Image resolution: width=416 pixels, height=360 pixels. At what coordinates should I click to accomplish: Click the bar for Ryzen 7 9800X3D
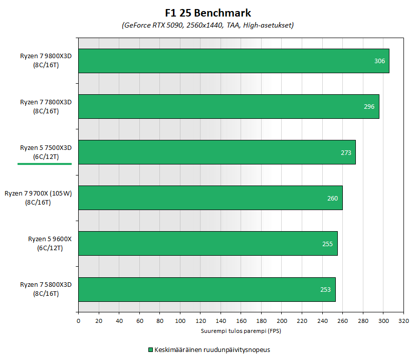click(234, 61)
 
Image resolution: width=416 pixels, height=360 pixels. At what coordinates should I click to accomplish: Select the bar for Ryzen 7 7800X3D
click(229, 106)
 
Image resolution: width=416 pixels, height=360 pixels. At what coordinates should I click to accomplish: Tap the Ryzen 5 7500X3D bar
click(217, 152)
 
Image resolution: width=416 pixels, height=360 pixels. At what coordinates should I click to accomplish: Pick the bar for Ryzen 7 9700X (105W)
click(211, 198)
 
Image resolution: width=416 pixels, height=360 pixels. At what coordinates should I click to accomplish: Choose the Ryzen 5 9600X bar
click(208, 243)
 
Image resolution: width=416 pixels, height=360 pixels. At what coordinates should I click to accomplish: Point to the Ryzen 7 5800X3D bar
click(206, 289)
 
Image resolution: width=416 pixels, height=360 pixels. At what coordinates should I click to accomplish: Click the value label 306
click(380, 61)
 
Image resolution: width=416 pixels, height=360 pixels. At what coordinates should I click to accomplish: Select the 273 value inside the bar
click(346, 152)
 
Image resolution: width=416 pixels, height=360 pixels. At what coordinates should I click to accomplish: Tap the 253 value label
click(326, 289)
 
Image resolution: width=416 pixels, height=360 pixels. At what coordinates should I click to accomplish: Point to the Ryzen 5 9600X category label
click(50, 243)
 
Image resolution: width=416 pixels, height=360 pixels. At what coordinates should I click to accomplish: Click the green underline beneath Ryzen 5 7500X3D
click(45, 163)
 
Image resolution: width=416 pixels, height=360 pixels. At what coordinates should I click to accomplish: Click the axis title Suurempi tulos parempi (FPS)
click(241, 331)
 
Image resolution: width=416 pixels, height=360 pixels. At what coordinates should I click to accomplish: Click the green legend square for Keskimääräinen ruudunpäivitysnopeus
click(150, 349)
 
